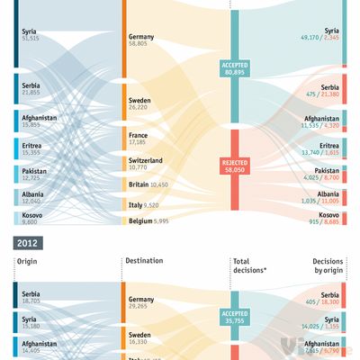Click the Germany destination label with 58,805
click(x=142, y=40)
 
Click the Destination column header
click(x=145, y=261)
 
